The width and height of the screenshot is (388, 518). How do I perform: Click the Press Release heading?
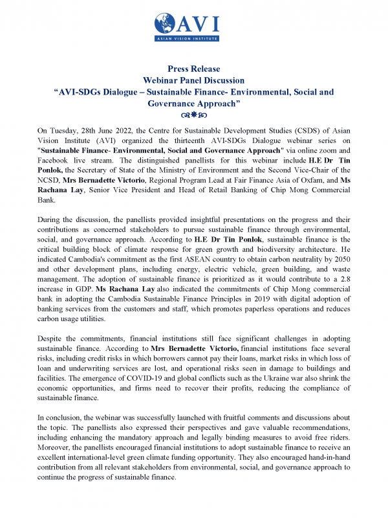point(193,69)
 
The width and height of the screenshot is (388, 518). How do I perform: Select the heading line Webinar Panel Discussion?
point(193,80)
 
